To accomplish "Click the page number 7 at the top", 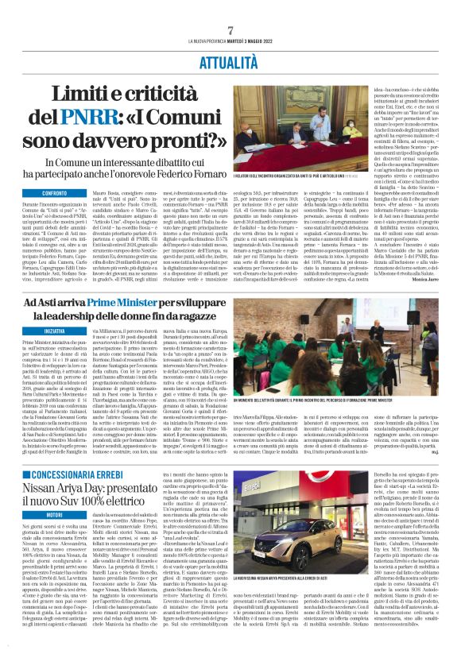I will tap(230, 30).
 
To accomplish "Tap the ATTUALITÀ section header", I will tap(230, 60).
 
